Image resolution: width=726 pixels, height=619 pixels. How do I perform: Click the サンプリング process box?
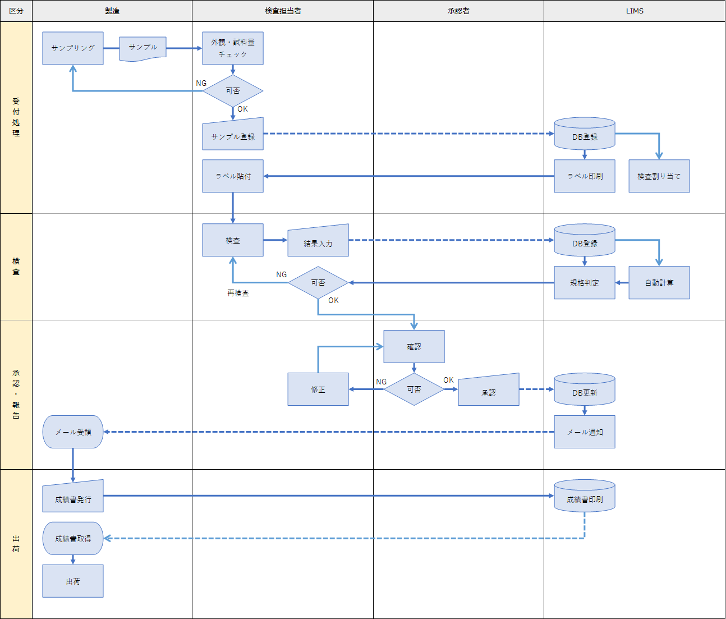pos(73,48)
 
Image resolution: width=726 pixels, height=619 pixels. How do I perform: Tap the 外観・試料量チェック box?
pos(233,48)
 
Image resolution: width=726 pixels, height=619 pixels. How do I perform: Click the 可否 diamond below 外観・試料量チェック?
pos(233,91)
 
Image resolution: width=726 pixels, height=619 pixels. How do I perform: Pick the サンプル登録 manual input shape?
pos(233,135)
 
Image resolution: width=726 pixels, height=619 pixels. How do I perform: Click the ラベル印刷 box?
pos(585,176)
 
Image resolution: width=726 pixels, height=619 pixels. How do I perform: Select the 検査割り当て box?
pos(659,176)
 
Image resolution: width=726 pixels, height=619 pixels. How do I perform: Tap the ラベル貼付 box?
pos(233,176)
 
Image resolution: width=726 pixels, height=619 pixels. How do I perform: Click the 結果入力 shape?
pos(318,242)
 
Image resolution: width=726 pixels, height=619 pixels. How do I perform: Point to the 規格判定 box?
pos(585,283)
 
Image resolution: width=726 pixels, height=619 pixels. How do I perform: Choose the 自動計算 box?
pos(659,283)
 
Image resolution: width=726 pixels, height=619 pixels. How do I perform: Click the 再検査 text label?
pos(238,293)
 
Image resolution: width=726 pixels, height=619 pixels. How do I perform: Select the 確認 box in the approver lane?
pos(414,347)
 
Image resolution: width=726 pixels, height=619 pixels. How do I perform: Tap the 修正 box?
pos(318,389)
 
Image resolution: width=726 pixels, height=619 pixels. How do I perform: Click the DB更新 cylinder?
pos(585,391)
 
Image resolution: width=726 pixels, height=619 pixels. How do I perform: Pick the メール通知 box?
pos(585,432)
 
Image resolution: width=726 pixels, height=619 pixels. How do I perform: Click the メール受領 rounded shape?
pos(73,432)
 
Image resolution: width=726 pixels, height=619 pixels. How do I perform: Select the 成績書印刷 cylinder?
pos(585,497)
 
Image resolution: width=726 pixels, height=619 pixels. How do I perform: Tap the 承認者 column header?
pos(458,11)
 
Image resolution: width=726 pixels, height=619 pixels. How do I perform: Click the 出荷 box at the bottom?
pos(73,581)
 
